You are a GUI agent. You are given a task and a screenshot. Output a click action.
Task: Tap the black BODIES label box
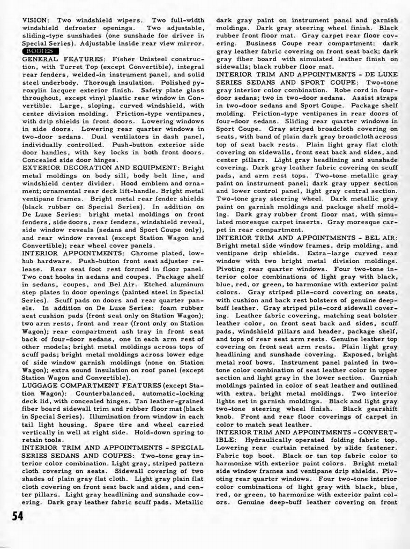41,51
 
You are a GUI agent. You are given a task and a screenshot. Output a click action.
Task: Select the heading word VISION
35,20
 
